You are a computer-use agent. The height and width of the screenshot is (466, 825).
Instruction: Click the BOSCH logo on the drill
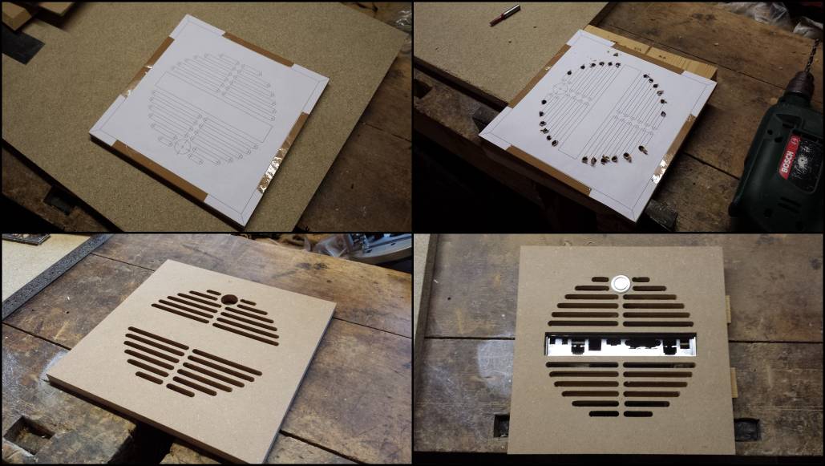tap(791, 157)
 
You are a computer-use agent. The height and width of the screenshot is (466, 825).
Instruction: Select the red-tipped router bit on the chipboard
tap(504, 14)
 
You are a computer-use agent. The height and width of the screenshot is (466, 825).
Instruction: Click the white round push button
tap(621, 285)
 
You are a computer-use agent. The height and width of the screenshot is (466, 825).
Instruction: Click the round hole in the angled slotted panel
tap(229, 299)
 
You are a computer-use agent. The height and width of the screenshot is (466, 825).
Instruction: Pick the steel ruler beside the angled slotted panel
tap(50, 277)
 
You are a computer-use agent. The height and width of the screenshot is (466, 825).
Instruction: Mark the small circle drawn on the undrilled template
tap(182, 146)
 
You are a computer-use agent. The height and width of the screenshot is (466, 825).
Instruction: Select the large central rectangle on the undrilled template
tap(213, 105)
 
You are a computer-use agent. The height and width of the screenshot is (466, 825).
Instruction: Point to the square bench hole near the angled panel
tap(26, 435)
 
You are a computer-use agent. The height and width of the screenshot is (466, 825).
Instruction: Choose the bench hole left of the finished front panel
tap(501, 425)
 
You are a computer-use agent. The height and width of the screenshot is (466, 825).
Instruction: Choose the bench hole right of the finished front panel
tap(746, 429)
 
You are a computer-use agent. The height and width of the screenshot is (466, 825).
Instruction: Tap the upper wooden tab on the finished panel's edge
tap(728, 309)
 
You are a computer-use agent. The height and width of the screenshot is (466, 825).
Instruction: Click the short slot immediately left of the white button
tap(600, 279)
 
